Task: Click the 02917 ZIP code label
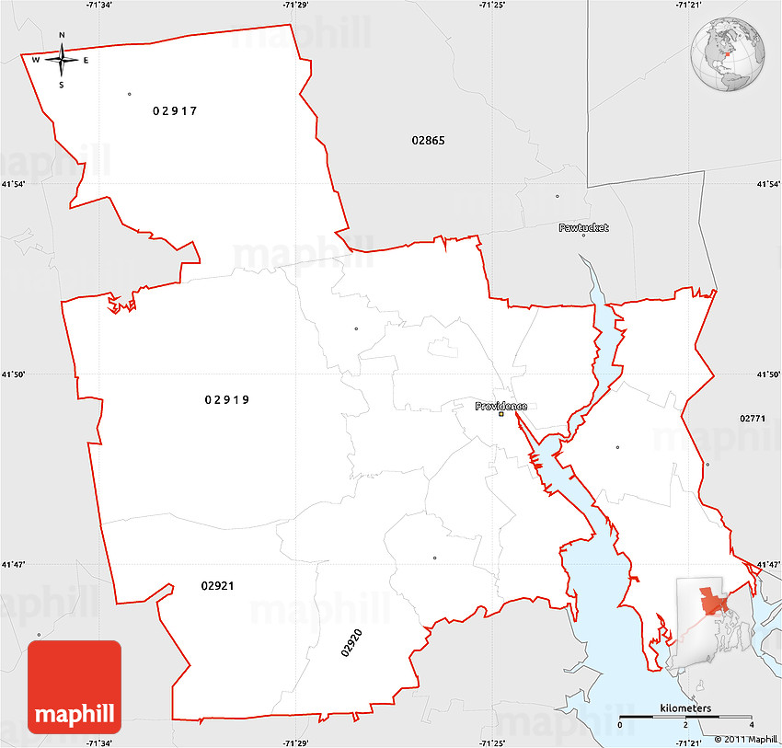[x=175, y=110]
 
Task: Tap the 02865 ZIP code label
[x=428, y=140]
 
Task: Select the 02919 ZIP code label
[x=227, y=399]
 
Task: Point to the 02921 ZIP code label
[x=217, y=585]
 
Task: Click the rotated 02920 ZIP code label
[x=351, y=642]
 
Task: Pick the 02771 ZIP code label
[x=752, y=418]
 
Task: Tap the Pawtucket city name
[x=583, y=227]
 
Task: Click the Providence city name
[x=501, y=406]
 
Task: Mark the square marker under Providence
[x=501, y=414]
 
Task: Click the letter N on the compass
[x=62, y=36]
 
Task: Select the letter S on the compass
[x=62, y=85]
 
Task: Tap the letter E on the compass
[x=86, y=61]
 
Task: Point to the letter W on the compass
[x=36, y=61]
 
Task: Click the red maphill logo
[x=75, y=686]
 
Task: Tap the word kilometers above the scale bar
[x=685, y=708]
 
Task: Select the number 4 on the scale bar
[x=751, y=726]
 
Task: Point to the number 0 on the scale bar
[x=619, y=726]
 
